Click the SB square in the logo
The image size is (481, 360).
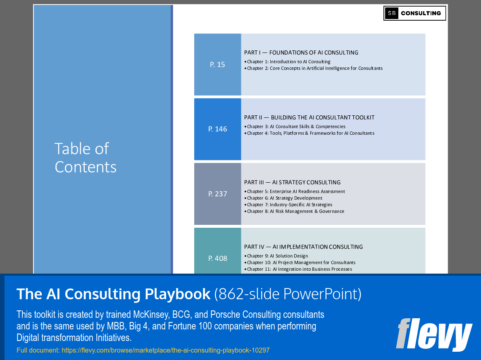point(391,13)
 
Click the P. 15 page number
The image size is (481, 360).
point(217,64)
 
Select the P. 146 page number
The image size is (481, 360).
point(217,129)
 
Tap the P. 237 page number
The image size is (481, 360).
point(217,194)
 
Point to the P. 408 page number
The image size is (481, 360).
point(217,258)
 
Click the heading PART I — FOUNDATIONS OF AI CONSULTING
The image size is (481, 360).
point(301,52)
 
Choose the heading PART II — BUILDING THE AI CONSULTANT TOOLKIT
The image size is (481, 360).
point(309,117)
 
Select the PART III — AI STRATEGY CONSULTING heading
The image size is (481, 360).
point(292,182)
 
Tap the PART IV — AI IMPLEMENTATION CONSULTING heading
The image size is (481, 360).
point(303,247)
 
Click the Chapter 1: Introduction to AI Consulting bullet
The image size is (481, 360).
point(288,62)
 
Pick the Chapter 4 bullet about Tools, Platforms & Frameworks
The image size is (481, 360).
point(310,133)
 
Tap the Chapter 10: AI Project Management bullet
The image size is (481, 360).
point(301,262)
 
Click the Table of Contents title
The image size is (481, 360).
point(86,157)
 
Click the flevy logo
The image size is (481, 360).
point(433,334)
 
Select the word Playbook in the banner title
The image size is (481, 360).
point(178,294)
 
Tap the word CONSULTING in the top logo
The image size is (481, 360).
point(421,13)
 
